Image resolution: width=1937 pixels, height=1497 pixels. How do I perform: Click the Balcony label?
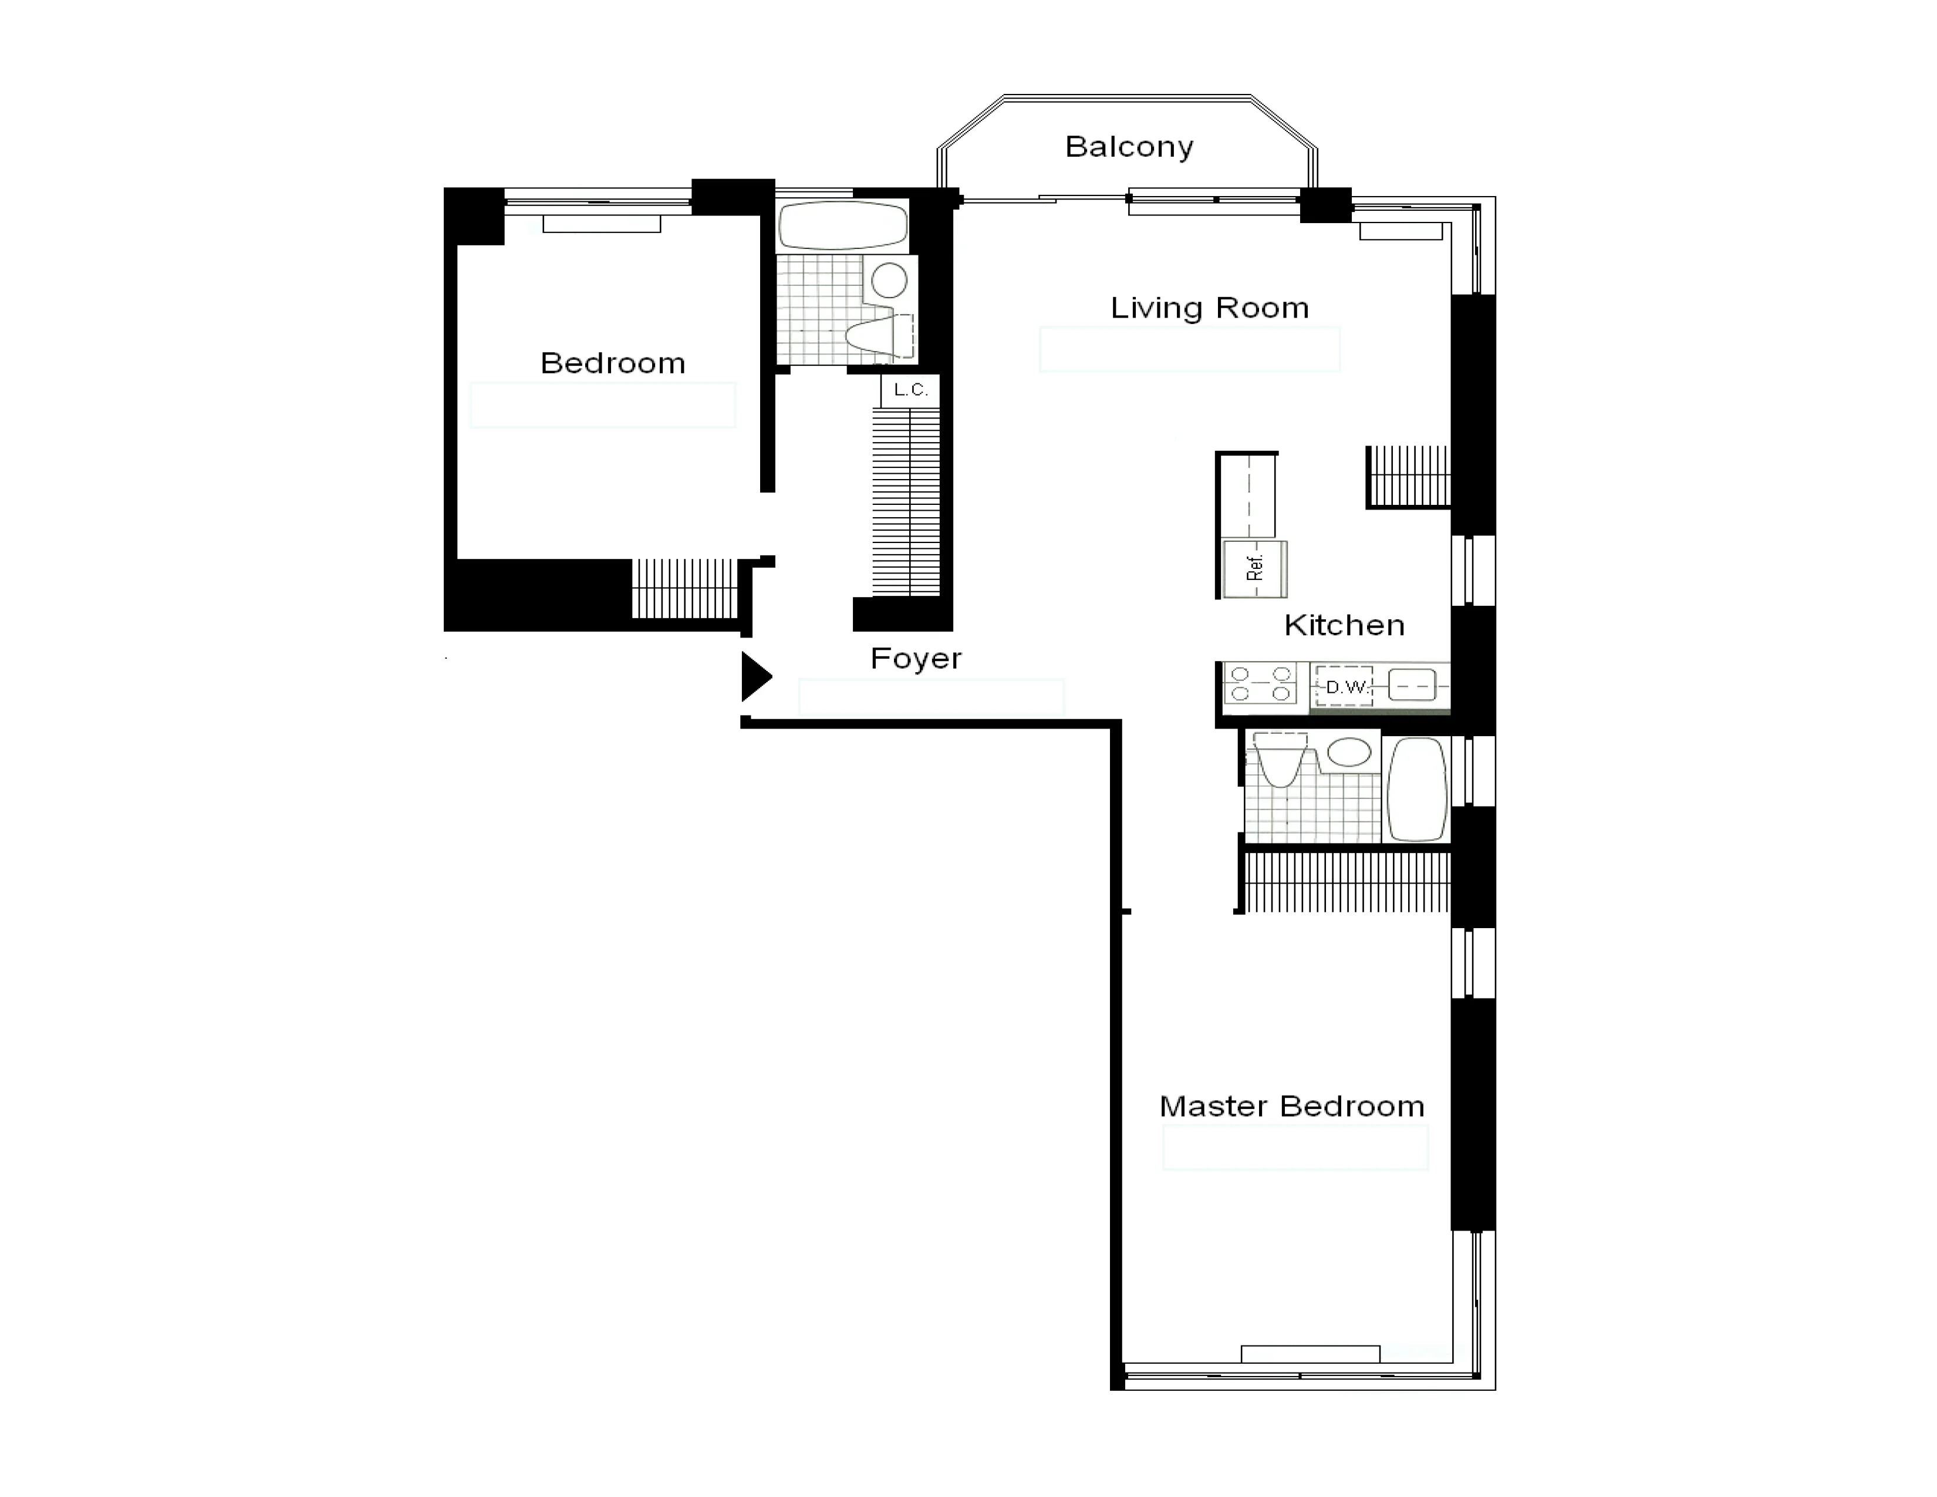1128,147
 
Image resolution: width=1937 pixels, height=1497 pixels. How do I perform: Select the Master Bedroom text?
1291,1107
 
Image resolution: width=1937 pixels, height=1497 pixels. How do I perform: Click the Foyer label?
915,659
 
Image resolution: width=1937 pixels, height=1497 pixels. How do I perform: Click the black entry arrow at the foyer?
755,677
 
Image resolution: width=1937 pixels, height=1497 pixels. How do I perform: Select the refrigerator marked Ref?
1254,568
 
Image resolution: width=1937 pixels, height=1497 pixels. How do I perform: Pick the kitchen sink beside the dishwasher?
1411,686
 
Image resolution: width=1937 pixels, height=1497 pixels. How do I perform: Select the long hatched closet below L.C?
906,501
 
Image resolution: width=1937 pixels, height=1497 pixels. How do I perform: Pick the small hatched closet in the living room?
1408,476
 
